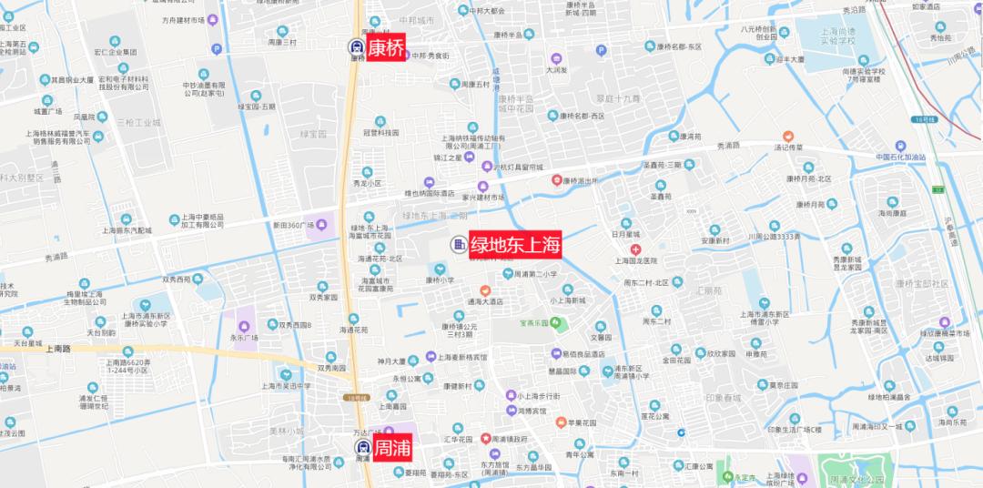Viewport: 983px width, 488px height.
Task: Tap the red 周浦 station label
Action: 392,448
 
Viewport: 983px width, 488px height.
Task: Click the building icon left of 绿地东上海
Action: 457,244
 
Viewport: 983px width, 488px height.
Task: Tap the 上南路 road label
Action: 56,348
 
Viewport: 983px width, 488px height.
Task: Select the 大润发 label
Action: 557,69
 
